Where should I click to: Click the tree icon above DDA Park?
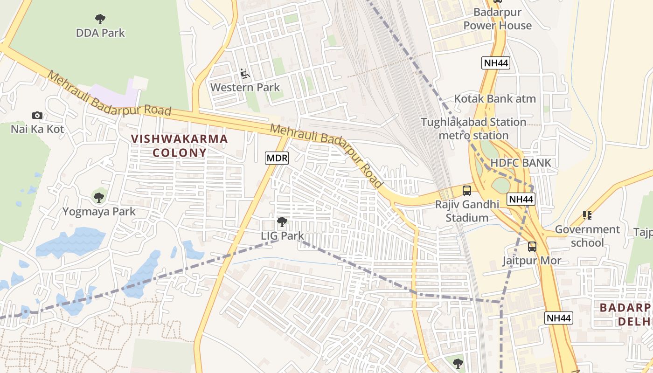tap(100, 19)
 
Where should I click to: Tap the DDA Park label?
tap(100, 33)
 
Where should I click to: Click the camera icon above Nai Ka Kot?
tap(37, 115)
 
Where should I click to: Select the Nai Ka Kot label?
tap(37, 129)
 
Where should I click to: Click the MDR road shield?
tap(277, 158)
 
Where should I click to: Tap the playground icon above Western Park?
tap(245, 74)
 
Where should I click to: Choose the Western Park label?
tap(245, 87)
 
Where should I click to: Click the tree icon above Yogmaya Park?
tap(98, 198)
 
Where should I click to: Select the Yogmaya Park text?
tap(99, 212)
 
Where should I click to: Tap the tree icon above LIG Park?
tap(282, 222)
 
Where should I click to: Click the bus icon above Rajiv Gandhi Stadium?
tap(467, 190)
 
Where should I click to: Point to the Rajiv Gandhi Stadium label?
tap(467, 211)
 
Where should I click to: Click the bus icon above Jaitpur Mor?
tap(532, 246)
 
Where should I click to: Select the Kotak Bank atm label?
tap(495, 99)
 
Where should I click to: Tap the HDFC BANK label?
tap(521, 163)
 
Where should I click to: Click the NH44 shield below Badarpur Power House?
tap(496, 63)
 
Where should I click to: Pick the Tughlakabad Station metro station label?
tap(473, 129)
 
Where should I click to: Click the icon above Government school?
tap(587, 215)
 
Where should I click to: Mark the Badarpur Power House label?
tap(497, 19)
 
